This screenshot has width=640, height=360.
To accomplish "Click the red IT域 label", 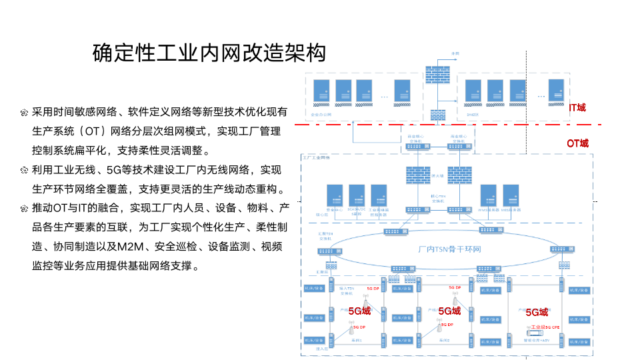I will (577, 107).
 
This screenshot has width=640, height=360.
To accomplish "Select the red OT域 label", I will (577, 143).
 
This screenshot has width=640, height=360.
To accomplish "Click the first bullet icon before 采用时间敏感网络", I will (23, 112).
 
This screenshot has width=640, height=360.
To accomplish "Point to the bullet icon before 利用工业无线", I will (23, 170).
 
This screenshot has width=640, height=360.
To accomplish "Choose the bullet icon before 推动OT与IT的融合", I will (23, 208).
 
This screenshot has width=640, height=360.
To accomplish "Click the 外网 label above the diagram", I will (455, 53).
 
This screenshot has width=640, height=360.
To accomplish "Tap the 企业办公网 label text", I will (321, 114).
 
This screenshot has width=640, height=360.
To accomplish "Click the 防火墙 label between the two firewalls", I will (439, 177).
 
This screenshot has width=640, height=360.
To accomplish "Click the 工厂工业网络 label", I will (317, 158).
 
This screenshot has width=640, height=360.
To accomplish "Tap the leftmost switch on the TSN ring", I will (327, 251).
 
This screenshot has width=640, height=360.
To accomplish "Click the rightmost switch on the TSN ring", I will (560, 249).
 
